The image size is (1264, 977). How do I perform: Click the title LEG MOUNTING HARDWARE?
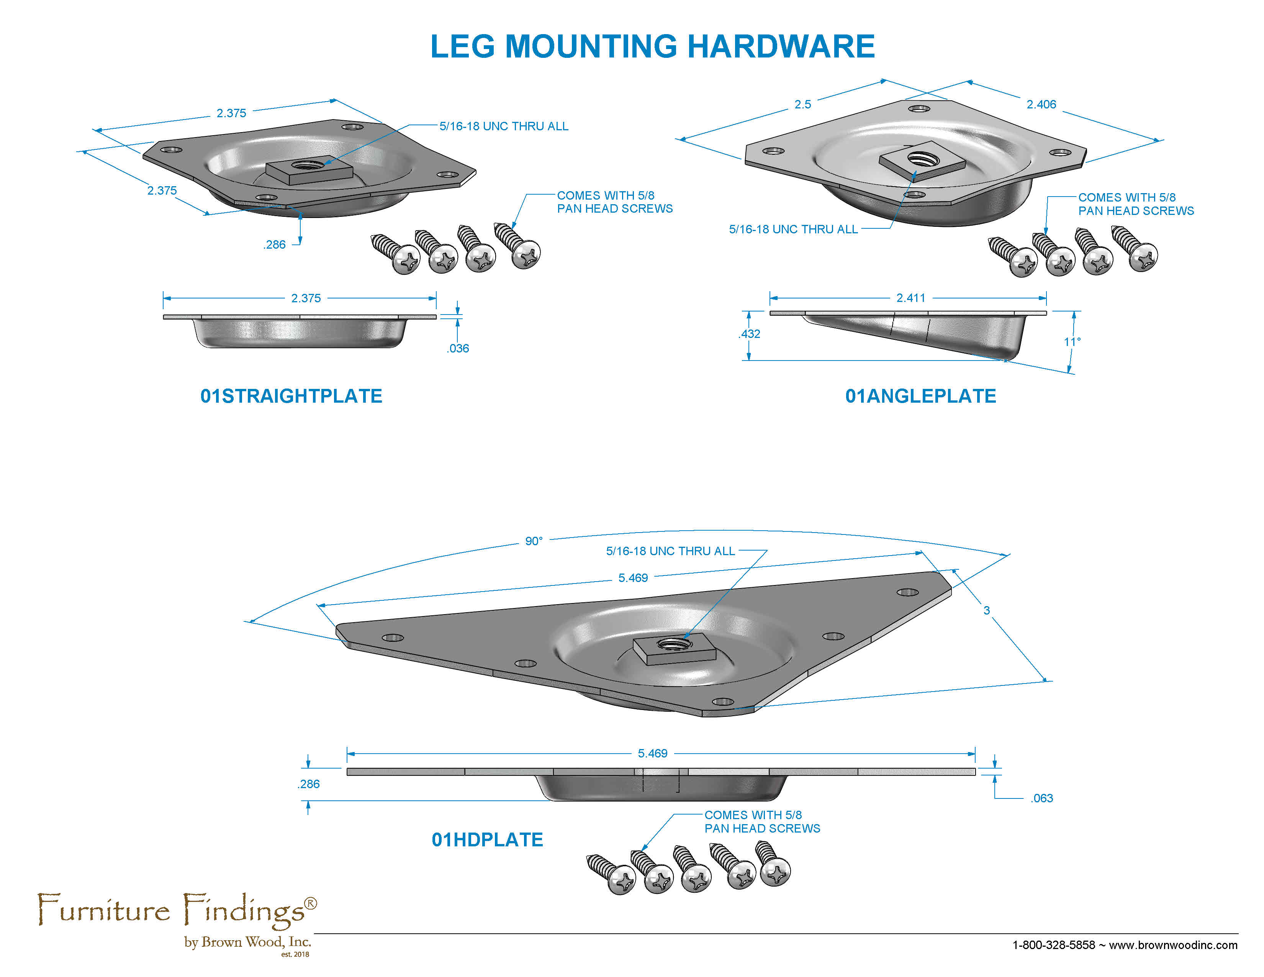click(652, 46)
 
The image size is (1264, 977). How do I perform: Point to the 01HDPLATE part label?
click(487, 840)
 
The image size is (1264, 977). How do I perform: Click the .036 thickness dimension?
click(457, 348)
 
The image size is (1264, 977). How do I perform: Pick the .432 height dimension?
click(750, 334)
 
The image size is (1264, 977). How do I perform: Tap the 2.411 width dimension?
click(910, 298)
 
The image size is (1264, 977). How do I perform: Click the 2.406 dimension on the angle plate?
click(1041, 104)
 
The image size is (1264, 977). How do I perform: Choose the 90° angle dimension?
click(534, 541)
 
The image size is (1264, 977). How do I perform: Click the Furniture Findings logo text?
click(177, 910)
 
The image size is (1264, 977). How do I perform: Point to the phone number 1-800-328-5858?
click(1053, 945)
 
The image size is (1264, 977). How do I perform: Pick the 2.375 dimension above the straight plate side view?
click(306, 298)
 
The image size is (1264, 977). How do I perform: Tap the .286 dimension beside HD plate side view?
click(308, 784)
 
